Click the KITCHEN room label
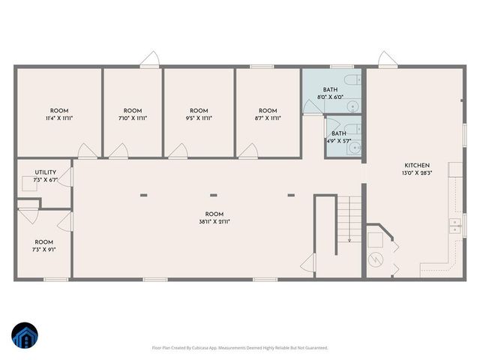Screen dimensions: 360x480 (417, 165)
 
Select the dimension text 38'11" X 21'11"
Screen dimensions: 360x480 (214, 221)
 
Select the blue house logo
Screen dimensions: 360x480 (24, 335)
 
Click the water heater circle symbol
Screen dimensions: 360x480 (376, 259)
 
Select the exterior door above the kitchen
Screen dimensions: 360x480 (385, 58)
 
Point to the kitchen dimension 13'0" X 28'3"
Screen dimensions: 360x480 (417, 172)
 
